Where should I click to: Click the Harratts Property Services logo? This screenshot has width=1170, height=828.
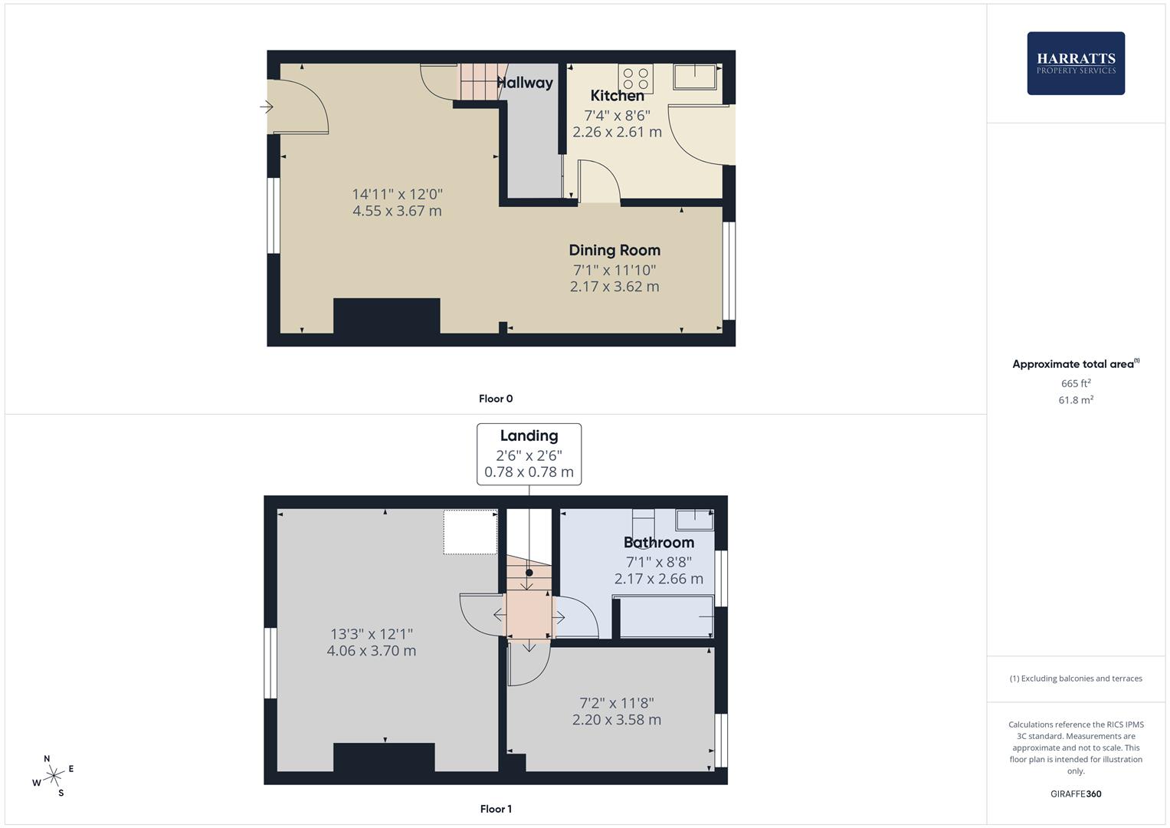click(1075, 63)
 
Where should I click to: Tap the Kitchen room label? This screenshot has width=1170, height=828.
click(617, 96)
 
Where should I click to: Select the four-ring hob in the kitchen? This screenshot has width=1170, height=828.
click(636, 78)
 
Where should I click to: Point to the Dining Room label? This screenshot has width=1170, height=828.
click(614, 250)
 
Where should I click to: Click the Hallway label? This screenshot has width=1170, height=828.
click(526, 83)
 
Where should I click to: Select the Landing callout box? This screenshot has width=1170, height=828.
click(529, 454)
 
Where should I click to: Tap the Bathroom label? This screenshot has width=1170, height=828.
click(658, 543)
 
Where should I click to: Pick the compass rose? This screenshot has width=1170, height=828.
click(53, 776)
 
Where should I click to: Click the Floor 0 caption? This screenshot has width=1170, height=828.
click(496, 399)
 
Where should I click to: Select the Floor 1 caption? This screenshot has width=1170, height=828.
click(496, 809)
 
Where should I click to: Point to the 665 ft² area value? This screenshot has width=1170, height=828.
click(1076, 383)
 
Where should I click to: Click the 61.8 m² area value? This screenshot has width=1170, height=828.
click(1076, 400)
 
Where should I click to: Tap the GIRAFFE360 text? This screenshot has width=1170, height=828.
click(1076, 794)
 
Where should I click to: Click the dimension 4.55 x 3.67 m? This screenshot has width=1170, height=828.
click(397, 211)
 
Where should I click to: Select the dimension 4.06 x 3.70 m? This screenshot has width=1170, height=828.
click(372, 651)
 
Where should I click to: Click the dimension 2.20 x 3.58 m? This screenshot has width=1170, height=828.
click(617, 720)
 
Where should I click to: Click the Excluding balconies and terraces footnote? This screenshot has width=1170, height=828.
click(1076, 678)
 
